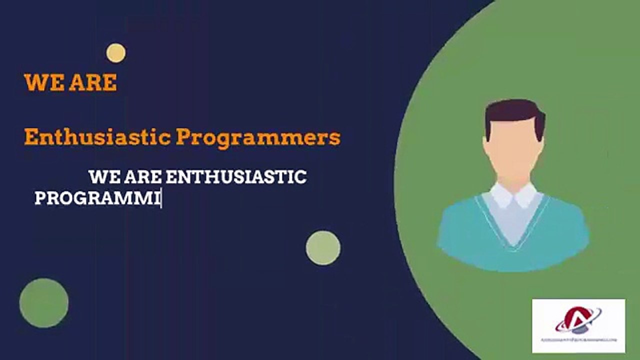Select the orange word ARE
point(93,83)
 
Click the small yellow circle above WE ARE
point(115,53)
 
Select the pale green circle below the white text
point(323,247)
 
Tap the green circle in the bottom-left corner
point(44,303)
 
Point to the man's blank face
point(513,145)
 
